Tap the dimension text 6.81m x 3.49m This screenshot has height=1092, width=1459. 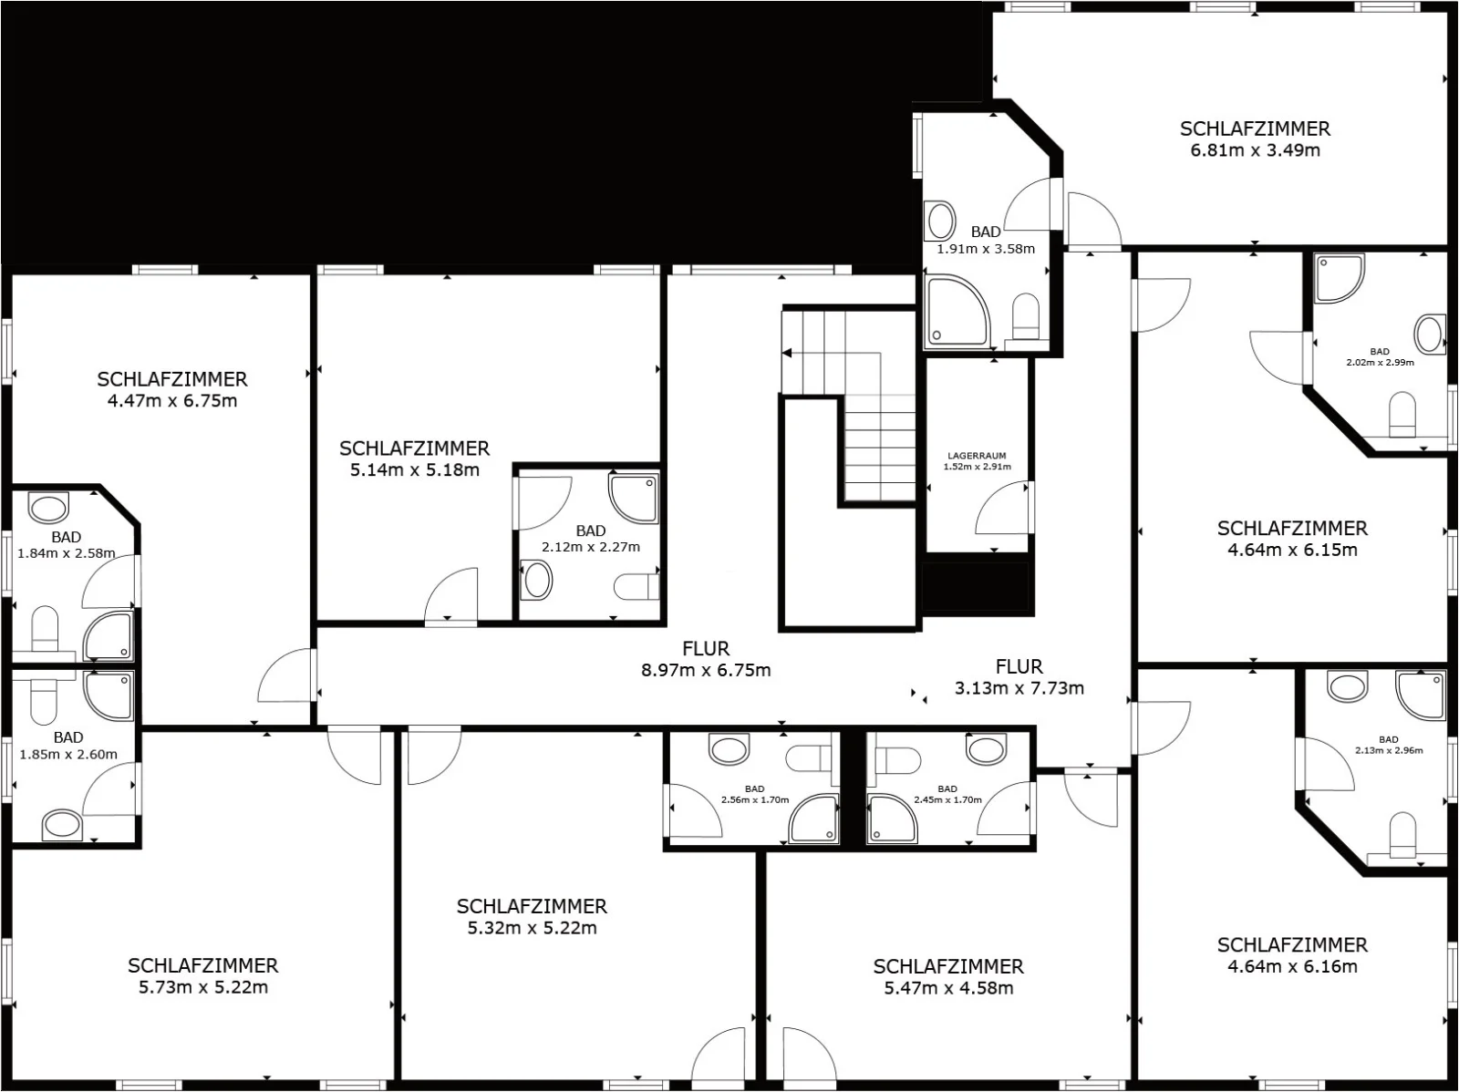click(1255, 150)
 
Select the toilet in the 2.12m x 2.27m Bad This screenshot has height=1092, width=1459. click(636, 587)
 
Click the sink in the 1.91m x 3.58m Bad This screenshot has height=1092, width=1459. click(940, 220)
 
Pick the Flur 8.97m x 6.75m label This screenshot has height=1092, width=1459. click(706, 659)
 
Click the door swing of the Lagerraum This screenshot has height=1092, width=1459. click(1001, 509)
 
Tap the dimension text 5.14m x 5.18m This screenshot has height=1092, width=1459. click(415, 470)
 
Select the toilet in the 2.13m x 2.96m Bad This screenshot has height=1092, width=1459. click(1402, 837)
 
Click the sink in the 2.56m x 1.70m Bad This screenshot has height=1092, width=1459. click(729, 748)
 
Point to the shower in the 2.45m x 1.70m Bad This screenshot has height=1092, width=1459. click(892, 819)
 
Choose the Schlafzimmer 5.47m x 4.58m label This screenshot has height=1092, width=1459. click(948, 977)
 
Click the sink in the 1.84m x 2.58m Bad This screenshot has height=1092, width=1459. click(48, 509)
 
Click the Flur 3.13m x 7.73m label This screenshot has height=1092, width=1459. click(1019, 677)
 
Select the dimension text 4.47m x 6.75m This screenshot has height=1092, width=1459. click(172, 401)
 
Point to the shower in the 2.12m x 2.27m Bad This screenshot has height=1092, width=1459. click(634, 499)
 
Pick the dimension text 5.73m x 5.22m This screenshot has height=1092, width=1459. click(203, 987)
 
